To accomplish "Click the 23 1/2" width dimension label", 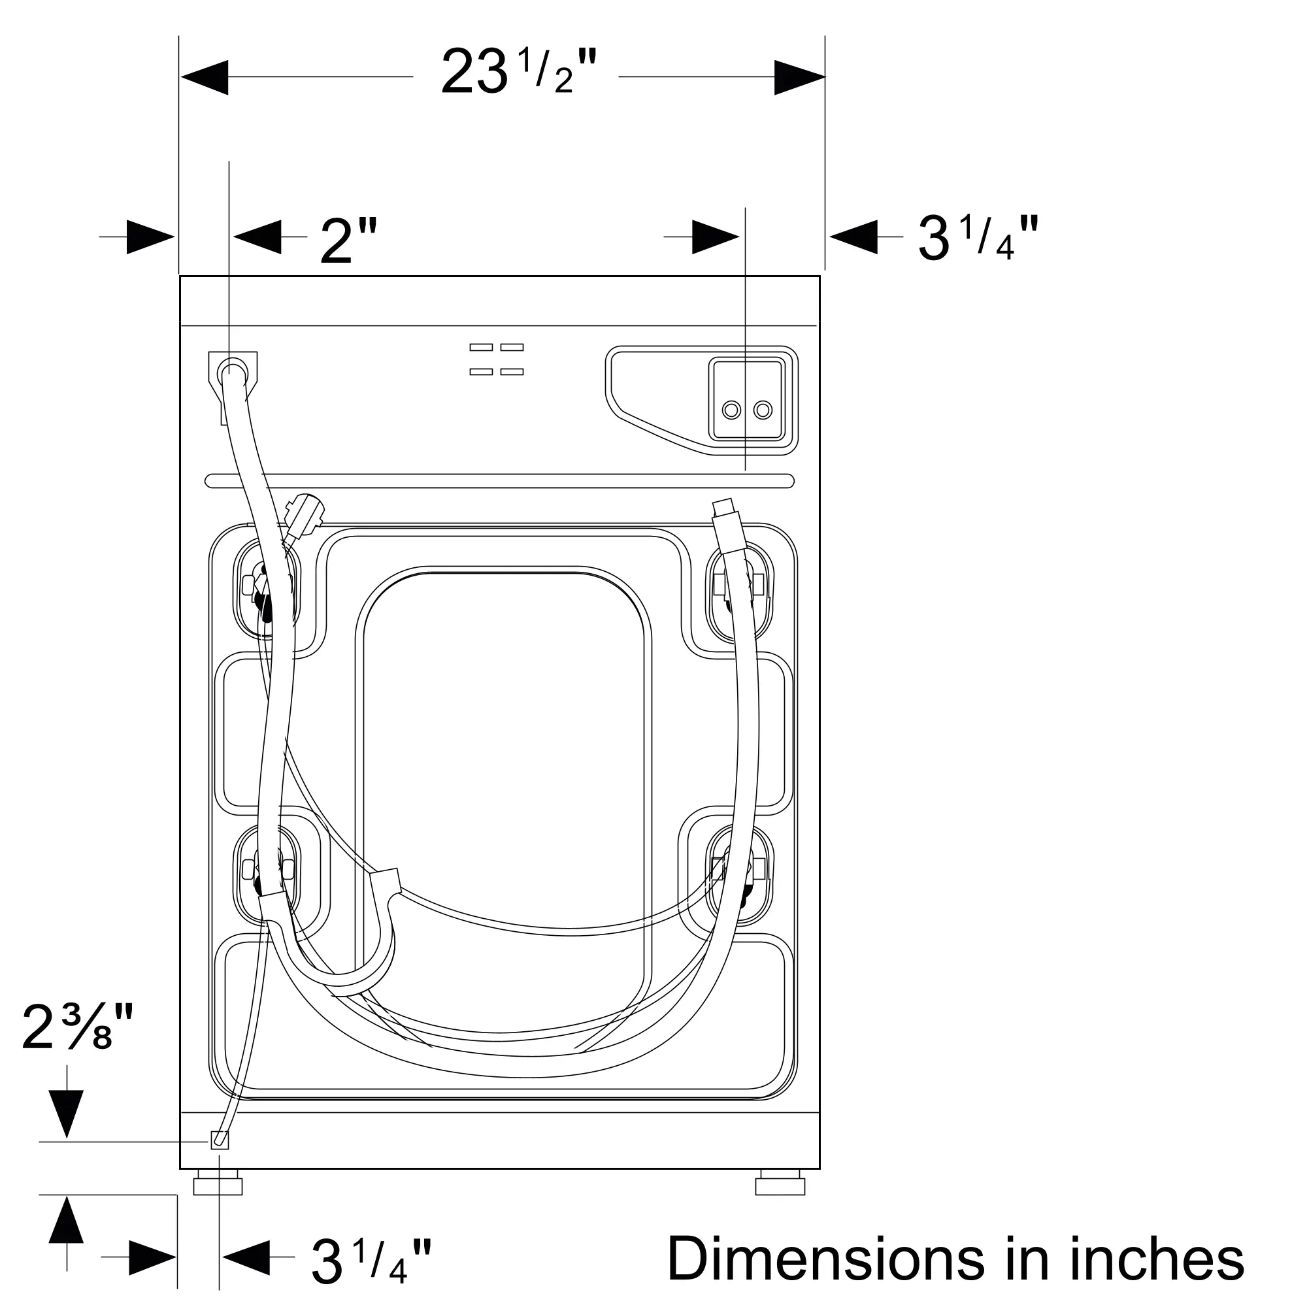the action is [520, 73].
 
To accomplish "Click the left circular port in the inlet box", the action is [731, 409].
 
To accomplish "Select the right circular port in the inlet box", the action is [763, 409].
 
